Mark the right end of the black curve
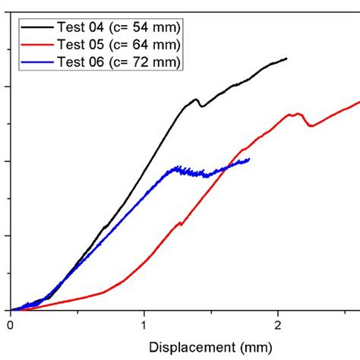coord(286,58)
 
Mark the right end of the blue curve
coord(248,159)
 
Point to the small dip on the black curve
coord(201,106)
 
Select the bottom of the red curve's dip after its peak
coord(310,126)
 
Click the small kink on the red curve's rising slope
coord(180,223)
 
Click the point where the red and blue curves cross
coord(226,169)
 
